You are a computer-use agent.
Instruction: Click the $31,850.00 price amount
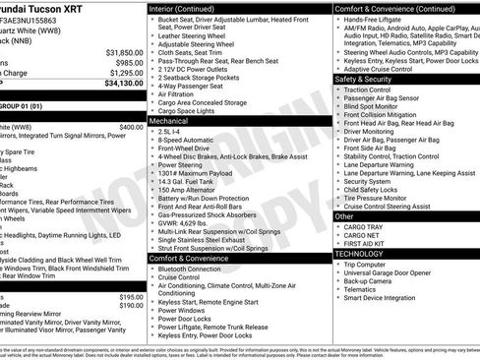pos(123,52)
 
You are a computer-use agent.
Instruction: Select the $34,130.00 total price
pos(123,84)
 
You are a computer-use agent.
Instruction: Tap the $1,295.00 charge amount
pos(125,73)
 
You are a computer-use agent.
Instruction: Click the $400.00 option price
pos(130,127)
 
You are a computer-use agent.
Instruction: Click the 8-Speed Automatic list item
pos(187,140)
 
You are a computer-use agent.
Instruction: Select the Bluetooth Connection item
pos(190,269)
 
